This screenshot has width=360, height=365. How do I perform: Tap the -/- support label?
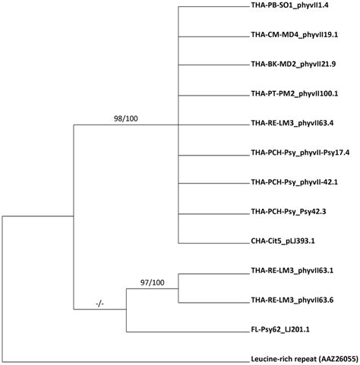pyautogui.click(x=99, y=304)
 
